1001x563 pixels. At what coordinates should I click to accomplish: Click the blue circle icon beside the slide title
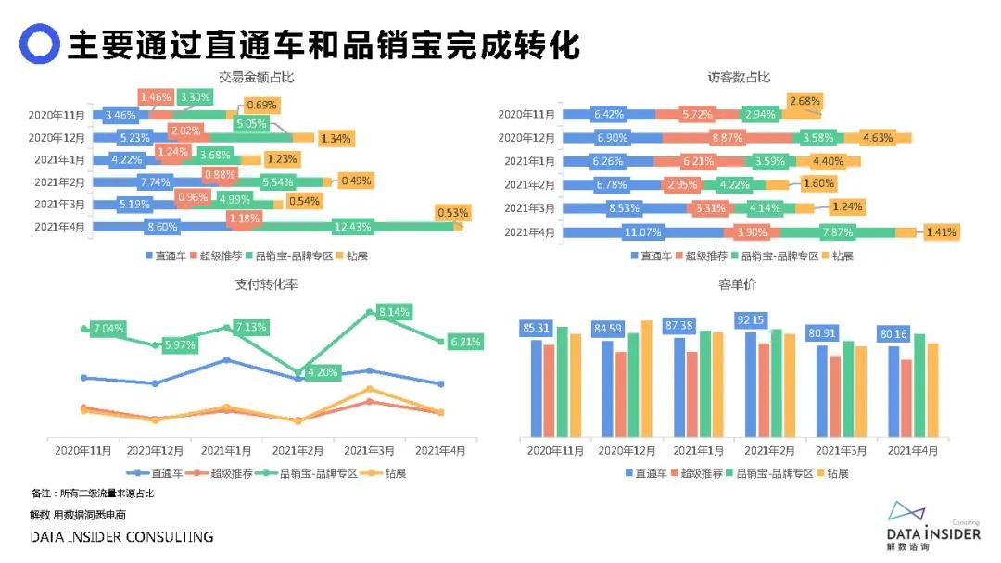pyautogui.click(x=39, y=43)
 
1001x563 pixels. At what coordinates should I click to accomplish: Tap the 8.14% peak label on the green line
pyautogui.click(x=394, y=312)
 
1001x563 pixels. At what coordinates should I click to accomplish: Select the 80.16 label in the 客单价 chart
pyautogui.click(x=896, y=335)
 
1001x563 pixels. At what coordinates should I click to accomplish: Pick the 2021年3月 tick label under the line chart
pyautogui.click(x=369, y=451)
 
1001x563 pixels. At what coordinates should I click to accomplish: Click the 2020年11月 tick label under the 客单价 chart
pyautogui.click(x=555, y=451)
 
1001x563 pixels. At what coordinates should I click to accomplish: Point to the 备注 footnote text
pyautogui.click(x=93, y=494)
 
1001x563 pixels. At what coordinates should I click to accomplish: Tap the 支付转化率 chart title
pyautogui.click(x=260, y=284)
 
